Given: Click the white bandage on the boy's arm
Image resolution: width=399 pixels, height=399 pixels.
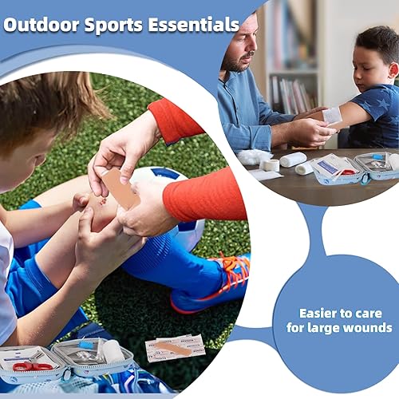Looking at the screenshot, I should coord(332,115).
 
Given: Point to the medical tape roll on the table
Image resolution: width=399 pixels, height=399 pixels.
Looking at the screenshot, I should coord(271,164).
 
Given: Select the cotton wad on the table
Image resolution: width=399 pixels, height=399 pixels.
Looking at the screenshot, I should coord(254,157).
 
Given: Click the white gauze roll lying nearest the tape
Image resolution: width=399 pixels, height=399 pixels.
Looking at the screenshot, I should coord(292,160).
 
